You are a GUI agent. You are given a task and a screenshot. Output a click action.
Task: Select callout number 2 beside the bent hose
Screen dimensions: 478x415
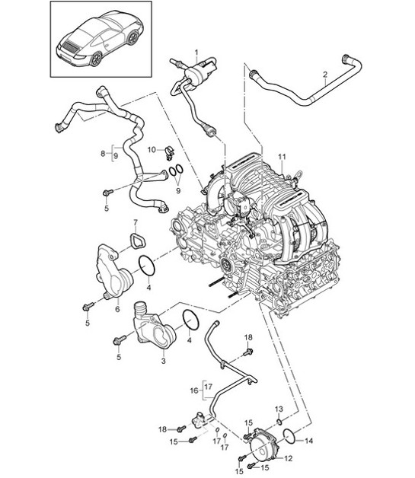tap(325, 74)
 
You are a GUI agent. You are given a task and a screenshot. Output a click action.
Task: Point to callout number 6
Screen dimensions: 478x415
tap(118, 310)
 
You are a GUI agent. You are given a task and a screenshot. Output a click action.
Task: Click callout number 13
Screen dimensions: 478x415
tap(279, 409)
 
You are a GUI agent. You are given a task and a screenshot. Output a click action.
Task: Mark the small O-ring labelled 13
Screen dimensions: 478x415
tap(279, 421)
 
